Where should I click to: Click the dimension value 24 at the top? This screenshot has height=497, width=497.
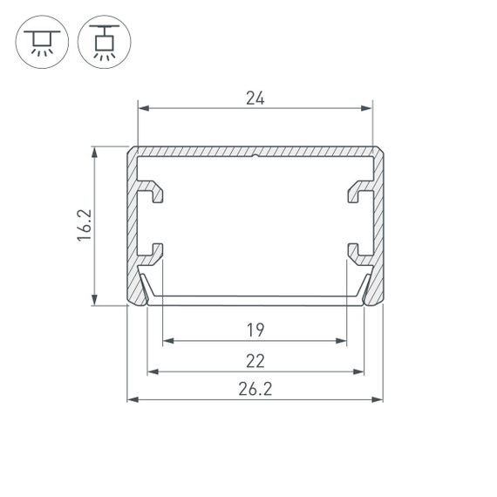255,99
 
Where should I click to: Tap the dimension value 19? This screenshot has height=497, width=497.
255,330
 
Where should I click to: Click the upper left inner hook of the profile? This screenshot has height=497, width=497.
153,191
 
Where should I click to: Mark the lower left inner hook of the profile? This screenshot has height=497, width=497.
153,252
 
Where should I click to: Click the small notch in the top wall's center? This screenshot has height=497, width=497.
254,159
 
